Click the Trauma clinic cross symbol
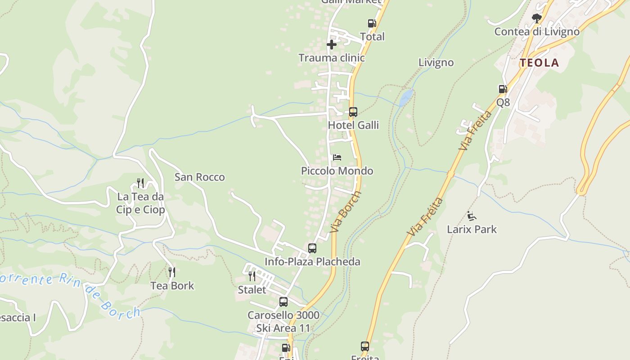(x=332, y=45)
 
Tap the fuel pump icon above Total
(x=372, y=23)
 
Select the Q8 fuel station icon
(x=503, y=89)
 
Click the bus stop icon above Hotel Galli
(x=353, y=112)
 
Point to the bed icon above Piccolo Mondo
(x=337, y=157)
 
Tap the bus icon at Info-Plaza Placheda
(x=312, y=248)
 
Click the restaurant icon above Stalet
(x=252, y=276)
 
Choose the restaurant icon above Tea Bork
(x=172, y=272)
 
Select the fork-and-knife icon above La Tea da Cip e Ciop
(x=140, y=183)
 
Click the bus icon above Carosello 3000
(x=283, y=302)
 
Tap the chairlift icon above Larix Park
(x=472, y=216)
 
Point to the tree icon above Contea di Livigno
(x=536, y=18)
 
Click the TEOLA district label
(x=540, y=63)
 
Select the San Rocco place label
(x=199, y=177)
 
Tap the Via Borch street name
(x=346, y=212)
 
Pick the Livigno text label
(x=436, y=63)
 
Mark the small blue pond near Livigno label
(x=406, y=95)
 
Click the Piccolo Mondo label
(x=337, y=171)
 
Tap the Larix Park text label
(x=472, y=229)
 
